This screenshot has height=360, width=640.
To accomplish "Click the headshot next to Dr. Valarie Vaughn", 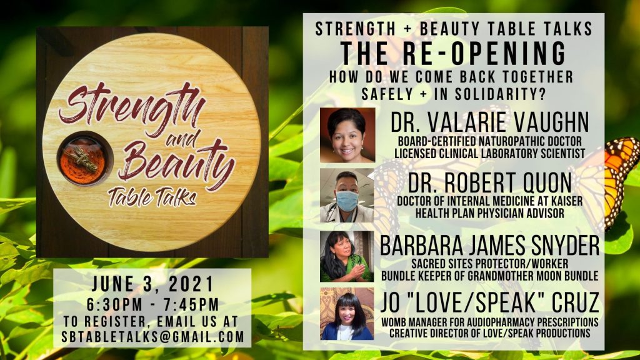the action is [347, 135].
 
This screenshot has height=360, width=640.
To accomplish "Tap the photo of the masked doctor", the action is [347, 196].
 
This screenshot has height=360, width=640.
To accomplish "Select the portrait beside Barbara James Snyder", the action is [347, 256].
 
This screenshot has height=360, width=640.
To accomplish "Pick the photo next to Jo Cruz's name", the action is [347, 314].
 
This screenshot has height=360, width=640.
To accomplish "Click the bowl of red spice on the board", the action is [85, 159].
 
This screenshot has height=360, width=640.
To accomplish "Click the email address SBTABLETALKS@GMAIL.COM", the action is [153, 337].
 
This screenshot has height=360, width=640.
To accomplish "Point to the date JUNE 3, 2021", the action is [153, 284].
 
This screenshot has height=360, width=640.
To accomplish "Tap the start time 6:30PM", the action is [115, 305].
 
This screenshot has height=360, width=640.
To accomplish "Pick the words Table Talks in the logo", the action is [152, 196].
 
